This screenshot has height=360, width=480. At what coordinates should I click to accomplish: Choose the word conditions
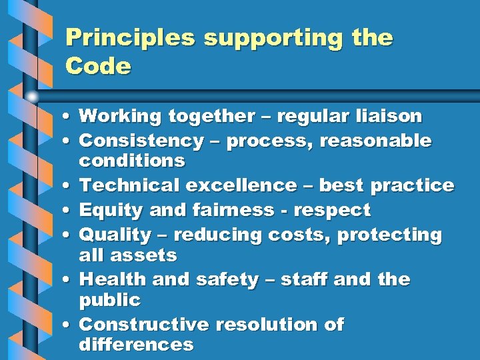(x=131, y=161)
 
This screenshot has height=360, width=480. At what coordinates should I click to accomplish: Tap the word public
(x=109, y=300)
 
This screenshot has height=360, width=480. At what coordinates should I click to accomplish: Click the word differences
(x=136, y=345)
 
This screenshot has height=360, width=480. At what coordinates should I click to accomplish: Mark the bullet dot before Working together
(x=69, y=117)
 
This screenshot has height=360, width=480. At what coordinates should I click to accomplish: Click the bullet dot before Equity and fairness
(x=69, y=211)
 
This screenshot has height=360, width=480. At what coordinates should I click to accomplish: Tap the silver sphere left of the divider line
(x=32, y=96)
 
